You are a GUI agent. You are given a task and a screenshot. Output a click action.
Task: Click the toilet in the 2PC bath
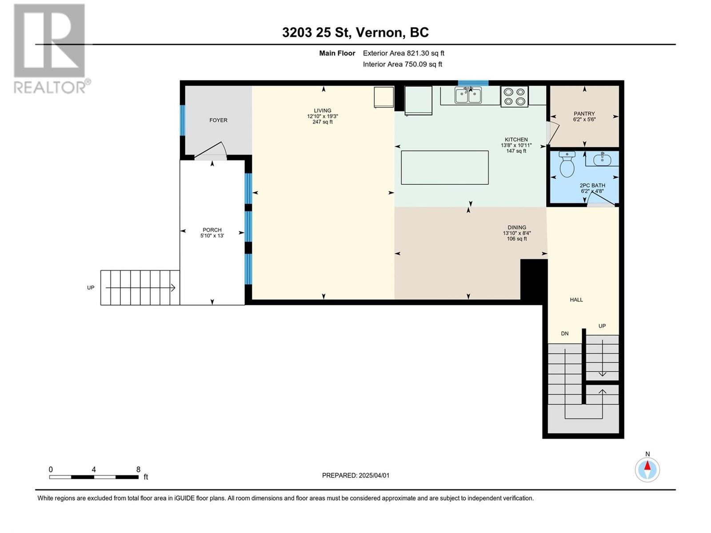(x=567, y=164)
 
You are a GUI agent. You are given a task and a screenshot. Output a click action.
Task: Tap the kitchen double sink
(x=468, y=95)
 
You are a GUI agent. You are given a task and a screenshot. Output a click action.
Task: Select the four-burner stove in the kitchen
(x=515, y=96)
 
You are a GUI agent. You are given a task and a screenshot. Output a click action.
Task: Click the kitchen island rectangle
(x=445, y=167)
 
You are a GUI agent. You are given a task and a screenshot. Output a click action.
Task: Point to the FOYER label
(x=218, y=120)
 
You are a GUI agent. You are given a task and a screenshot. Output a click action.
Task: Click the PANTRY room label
(x=584, y=114)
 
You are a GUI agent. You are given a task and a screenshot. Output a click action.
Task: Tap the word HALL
(x=576, y=300)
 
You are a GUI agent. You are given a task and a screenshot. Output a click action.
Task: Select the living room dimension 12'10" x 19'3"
(x=323, y=116)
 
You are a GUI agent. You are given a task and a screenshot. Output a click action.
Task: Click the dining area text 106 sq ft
(x=517, y=239)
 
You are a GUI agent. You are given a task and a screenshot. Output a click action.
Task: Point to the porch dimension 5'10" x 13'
(x=212, y=235)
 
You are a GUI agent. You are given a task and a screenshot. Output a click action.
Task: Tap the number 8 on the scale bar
(x=138, y=469)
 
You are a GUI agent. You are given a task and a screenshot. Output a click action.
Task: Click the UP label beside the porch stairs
(x=91, y=288)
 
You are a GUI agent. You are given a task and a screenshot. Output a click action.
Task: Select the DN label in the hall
(x=565, y=333)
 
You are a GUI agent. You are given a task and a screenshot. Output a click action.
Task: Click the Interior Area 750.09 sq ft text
(x=402, y=64)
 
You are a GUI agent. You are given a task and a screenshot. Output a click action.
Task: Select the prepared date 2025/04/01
(x=374, y=475)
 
